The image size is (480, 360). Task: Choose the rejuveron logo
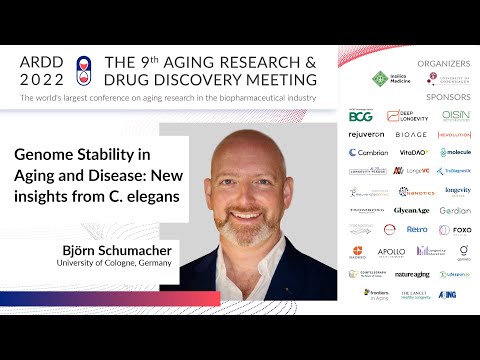367,134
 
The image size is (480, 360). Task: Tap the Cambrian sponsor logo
367,153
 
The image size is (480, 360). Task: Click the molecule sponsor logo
456,153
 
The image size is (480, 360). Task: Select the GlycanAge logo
412,210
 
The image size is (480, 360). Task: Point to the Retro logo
416,229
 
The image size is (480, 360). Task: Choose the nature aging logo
412,274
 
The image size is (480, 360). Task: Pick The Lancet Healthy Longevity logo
412,295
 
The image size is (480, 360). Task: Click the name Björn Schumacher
114,249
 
